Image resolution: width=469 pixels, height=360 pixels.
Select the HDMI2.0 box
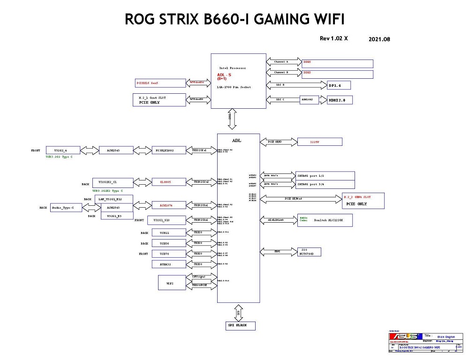click(x=340, y=100)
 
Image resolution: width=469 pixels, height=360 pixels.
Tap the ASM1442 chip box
click(x=310, y=99)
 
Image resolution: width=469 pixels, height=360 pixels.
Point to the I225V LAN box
click(x=320, y=141)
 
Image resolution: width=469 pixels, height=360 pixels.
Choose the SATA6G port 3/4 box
click(x=325, y=184)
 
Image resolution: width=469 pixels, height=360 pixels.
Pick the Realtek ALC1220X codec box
click(x=325, y=220)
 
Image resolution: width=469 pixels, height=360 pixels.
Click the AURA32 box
click(x=166, y=264)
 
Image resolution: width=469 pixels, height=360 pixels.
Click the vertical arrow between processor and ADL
click(x=230, y=120)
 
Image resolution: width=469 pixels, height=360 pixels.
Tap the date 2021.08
click(x=380, y=39)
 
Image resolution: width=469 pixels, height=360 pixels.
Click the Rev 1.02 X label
click(x=333, y=38)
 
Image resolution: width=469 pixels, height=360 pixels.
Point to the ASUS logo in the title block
click(x=406, y=336)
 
